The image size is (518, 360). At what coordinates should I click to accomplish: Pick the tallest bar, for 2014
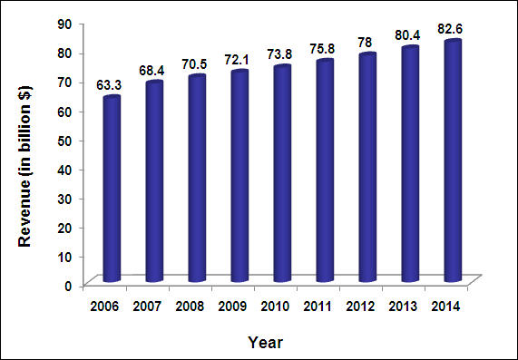[x=453, y=160]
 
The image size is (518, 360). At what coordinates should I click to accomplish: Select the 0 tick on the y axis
[x=68, y=285]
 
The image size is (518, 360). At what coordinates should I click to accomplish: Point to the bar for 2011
[x=282, y=170]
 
